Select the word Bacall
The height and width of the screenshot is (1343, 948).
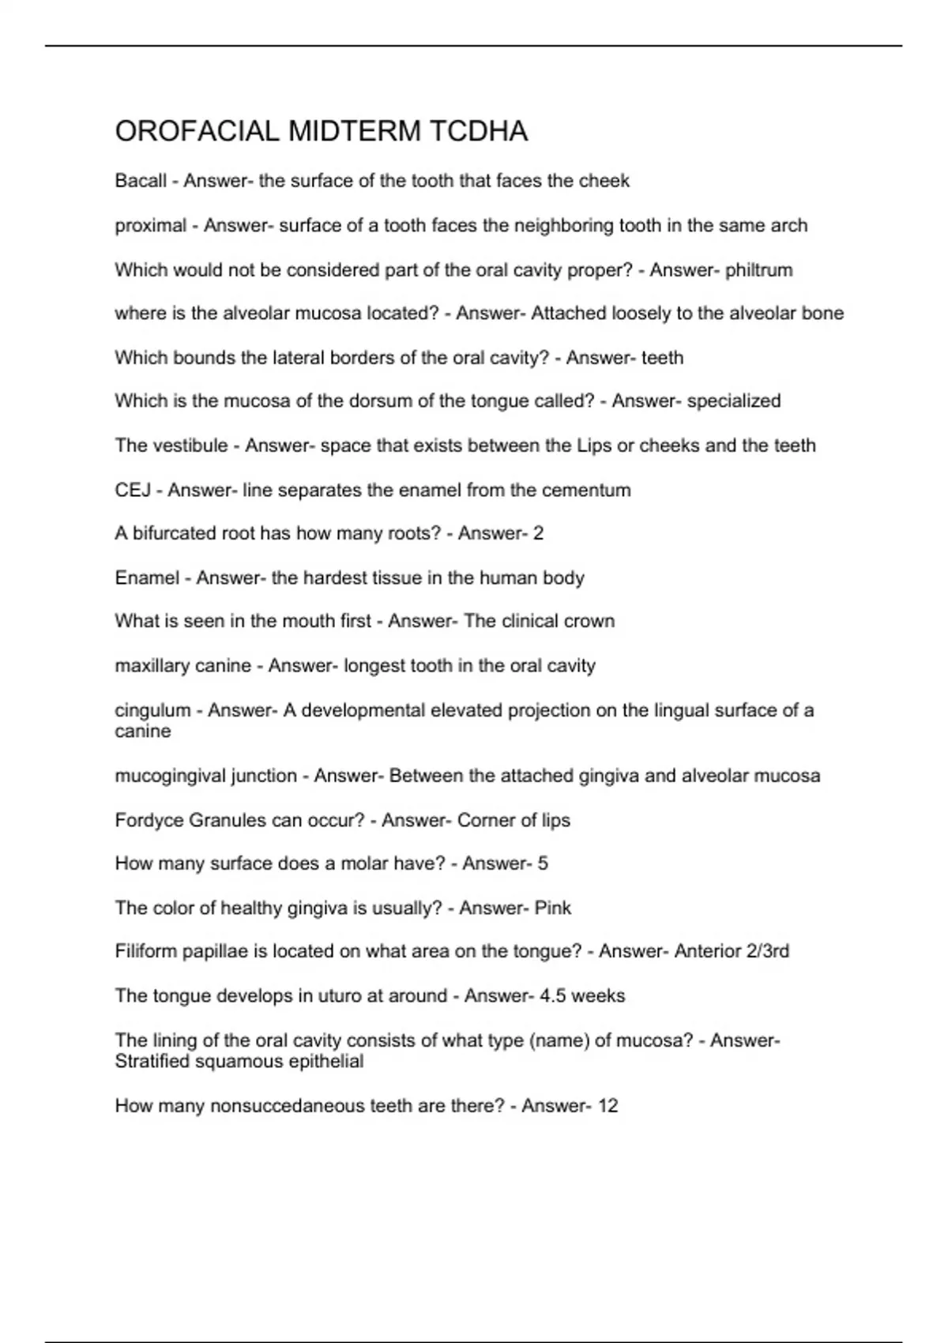[141, 181]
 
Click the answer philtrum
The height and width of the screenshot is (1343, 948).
[758, 270]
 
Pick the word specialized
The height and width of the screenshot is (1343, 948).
[733, 401]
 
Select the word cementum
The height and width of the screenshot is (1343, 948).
[588, 491]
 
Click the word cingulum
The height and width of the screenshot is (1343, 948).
[152, 710]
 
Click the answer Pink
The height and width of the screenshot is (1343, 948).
[552, 908]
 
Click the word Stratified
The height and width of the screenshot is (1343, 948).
[152, 1062]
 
